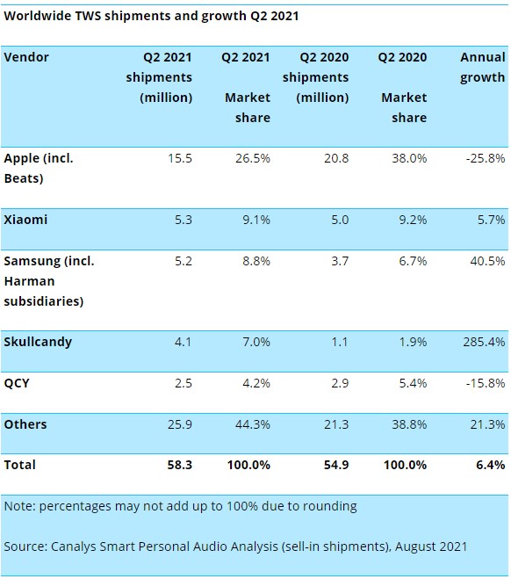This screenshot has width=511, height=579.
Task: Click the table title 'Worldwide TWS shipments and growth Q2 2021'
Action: click(151, 16)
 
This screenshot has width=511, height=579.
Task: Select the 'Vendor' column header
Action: click(26, 57)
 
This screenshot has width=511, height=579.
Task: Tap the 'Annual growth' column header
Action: click(483, 67)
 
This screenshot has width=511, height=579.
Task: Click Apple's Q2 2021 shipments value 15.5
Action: click(180, 158)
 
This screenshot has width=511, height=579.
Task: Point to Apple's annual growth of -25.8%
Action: click(486, 158)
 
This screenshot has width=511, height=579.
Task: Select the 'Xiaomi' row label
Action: click(25, 220)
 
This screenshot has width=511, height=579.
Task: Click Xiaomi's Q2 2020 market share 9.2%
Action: click(413, 220)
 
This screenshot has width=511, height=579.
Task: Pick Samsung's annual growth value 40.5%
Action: click(487, 261)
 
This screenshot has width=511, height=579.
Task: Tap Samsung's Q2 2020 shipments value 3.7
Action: click(340, 261)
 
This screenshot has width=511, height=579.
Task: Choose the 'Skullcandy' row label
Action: click(38, 342)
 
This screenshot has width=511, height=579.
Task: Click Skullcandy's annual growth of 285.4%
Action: click(484, 342)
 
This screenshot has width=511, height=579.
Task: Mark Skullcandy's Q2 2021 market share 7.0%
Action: click(256, 342)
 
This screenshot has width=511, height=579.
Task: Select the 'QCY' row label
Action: click(17, 383)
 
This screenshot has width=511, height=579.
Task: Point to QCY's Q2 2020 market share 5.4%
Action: click(413, 383)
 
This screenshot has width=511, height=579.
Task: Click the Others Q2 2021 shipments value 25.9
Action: click(180, 424)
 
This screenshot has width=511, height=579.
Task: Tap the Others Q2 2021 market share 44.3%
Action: click(253, 424)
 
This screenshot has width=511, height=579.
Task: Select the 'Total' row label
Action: click(19, 465)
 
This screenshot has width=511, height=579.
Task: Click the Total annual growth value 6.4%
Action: click(491, 465)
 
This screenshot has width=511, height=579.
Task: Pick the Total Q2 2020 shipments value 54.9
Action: click(336, 465)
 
